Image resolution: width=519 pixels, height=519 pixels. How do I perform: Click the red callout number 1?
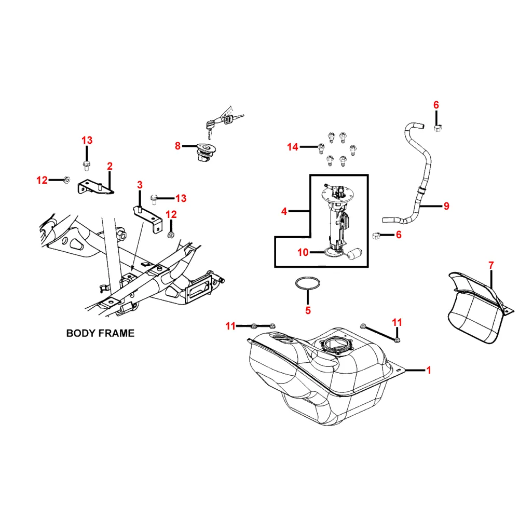coord(429,370)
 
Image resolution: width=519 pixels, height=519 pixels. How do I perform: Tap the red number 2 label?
coord(110,166)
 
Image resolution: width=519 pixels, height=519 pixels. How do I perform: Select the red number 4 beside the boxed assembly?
coord(284,211)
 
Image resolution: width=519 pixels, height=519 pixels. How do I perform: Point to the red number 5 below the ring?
coord(308,310)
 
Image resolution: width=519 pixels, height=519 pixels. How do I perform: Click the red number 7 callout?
coord(491,266)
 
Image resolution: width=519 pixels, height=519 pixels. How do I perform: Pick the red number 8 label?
coord(177,146)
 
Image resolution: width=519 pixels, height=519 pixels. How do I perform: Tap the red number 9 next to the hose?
coord(446,206)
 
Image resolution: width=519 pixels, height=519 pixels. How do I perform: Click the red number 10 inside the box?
coord(303,252)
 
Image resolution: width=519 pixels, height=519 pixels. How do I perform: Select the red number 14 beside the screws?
coord(293,147)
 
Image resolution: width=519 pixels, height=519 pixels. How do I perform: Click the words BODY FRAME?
coord(100,333)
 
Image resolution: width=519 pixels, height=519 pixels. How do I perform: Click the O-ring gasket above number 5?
coord(307,284)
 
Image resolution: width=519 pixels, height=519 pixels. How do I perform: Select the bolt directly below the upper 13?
coord(87,166)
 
